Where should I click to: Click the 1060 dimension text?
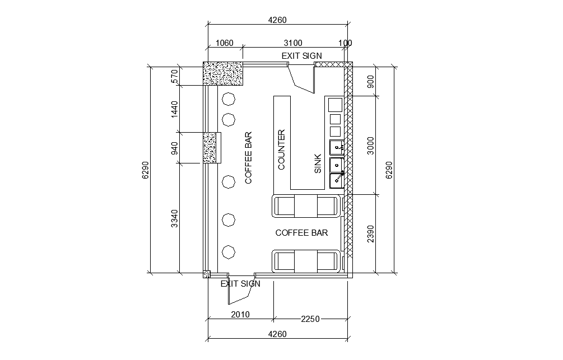click(224, 43)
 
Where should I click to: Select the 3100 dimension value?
click(293, 43)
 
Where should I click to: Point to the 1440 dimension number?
click(174, 109)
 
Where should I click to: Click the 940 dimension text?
click(174, 148)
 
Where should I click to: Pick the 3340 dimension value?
click(174, 219)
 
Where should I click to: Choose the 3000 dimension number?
click(370, 145)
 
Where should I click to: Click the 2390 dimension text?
click(370, 234)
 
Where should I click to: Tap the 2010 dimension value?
click(240, 314)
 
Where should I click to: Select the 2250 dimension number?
click(310, 319)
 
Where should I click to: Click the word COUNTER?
click(282, 149)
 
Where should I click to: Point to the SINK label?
click(318, 163)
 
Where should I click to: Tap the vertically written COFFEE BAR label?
click(248, 158)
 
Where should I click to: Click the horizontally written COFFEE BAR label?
click(301, 233)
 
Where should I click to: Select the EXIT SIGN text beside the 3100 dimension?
click(301, 55)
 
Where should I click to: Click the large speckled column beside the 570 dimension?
click(223, 74)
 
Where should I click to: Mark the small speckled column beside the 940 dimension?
click(210, 148)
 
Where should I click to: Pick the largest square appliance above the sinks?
click(334, 105)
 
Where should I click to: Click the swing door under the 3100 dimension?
click(303, 78)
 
